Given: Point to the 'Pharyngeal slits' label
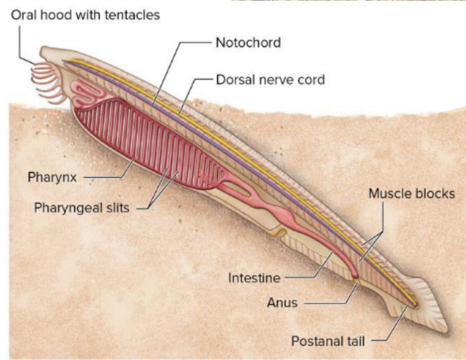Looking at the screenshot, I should point(81,207).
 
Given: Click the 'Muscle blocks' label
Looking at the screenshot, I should point(411,193).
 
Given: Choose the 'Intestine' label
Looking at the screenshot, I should point(254,278).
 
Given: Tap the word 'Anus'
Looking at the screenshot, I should point(282,303).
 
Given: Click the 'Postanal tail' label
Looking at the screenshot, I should point(327,341).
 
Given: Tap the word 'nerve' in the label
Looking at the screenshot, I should point(275,80).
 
